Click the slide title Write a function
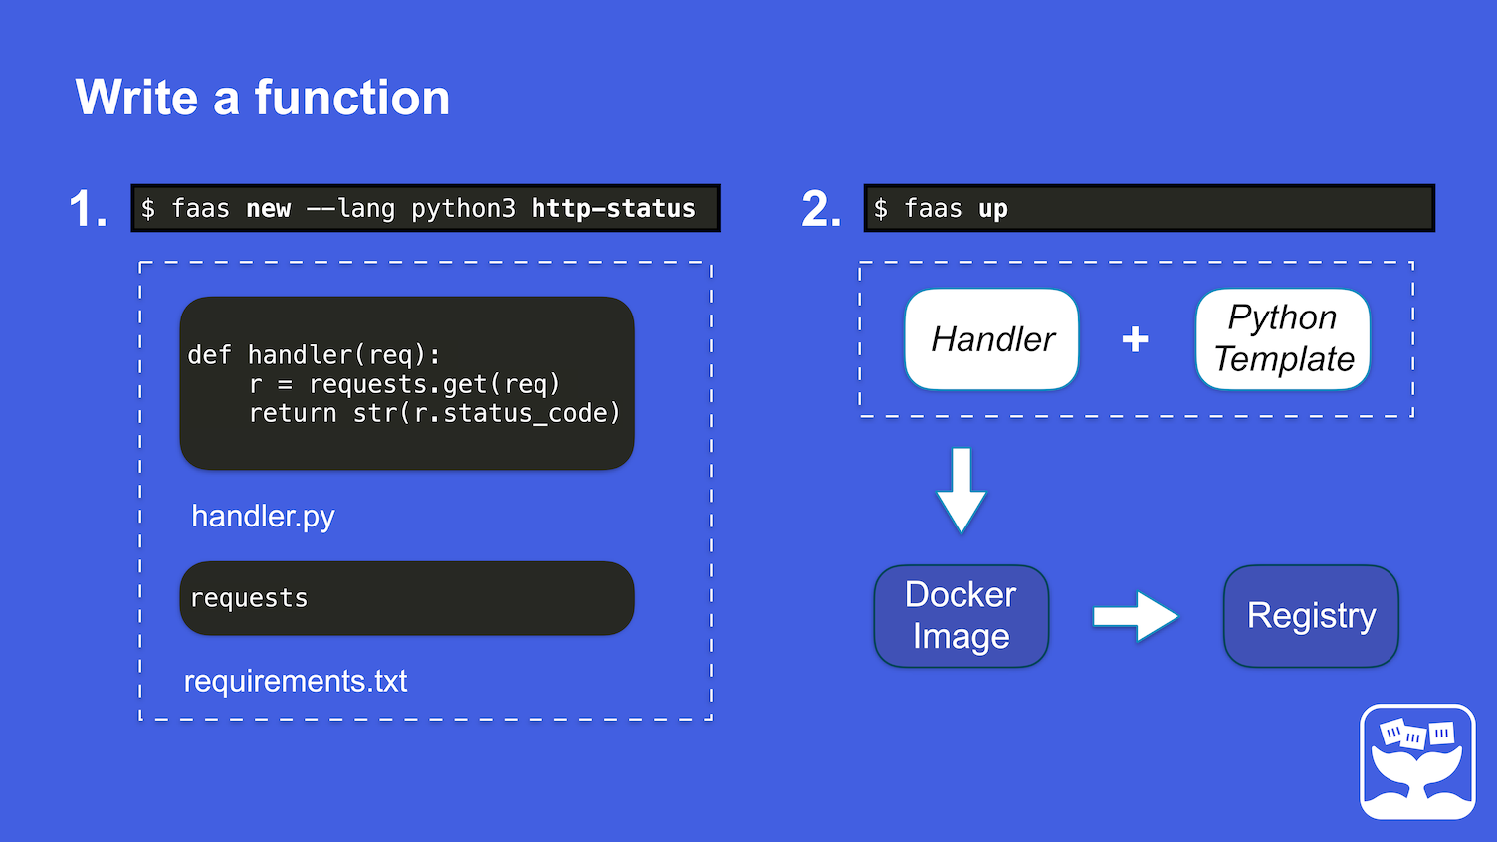pyautogui.click(x=262, y=98)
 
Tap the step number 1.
pyautogui.click(x=88, y=208)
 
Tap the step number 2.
pyautogui.click(x=821, y=208)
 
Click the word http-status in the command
pyautogui.click(x=613, y=208)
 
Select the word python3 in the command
pyautogui.click(x=463, y=209)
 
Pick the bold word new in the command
pyautogui.click(x=268, y=209)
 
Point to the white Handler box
pyautogui.click(x=991, y=338)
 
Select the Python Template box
pyautogui.click(x=1283, y=338)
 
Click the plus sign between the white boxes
pyautogui.click(x=1135, y=339)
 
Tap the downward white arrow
pyautogui.click(x=962, y=490)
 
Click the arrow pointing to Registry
pyautogui.click(x=1136, y=616)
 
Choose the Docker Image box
pyautogui.click(x=962, y=616)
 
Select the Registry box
pyautogui.click(x=1311, y=616)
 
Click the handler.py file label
pyautogui.click(x=264, y=517)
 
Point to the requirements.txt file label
pyautogui.click(x=296, y=681)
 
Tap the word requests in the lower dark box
pyautogui.click(x=249, y=598)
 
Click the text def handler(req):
pyautogui.click(x=315, y=355)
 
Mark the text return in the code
pyautogui.click(x=293, y=414)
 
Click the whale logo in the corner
pyautogui.click(x=1417, y=761)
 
